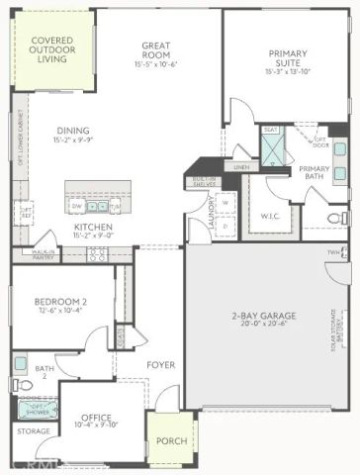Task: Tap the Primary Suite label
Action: tap(287, 61)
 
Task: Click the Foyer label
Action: tap(161, 365)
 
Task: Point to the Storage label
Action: tap(33, 431)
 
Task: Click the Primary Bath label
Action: tap(315, 173)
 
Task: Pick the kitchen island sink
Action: tap(96, 206)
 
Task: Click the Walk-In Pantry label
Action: tap(42, 255)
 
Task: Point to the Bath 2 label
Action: tap(42, 373)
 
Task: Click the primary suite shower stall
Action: tap(271, 148)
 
